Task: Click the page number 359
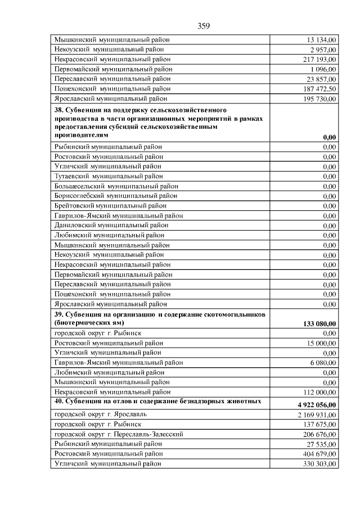click(x=204, y=25)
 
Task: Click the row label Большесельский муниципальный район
click(x=115, y=186)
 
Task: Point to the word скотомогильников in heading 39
click(x=235, y=314)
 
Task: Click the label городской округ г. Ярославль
click(x=97, y=414)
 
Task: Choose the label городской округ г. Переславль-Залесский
click(x=119, y=434)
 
